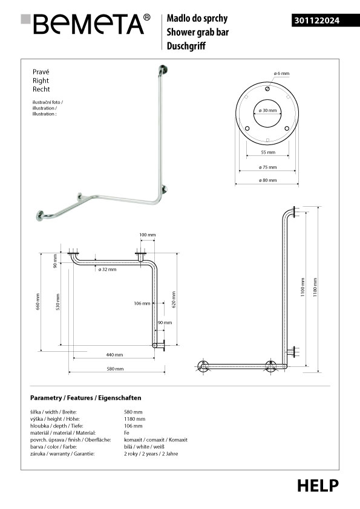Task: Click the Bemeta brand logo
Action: point(85,24)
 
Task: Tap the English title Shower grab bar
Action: point(197,32)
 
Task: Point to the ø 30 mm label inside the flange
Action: point(267,111)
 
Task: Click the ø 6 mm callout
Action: point(281,73)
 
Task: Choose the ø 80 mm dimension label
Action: point(267,180)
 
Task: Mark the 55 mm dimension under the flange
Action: point(268,152)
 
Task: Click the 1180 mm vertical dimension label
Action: point(315,287)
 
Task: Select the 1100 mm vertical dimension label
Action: point(303,287)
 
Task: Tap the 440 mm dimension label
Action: point(115,355)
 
